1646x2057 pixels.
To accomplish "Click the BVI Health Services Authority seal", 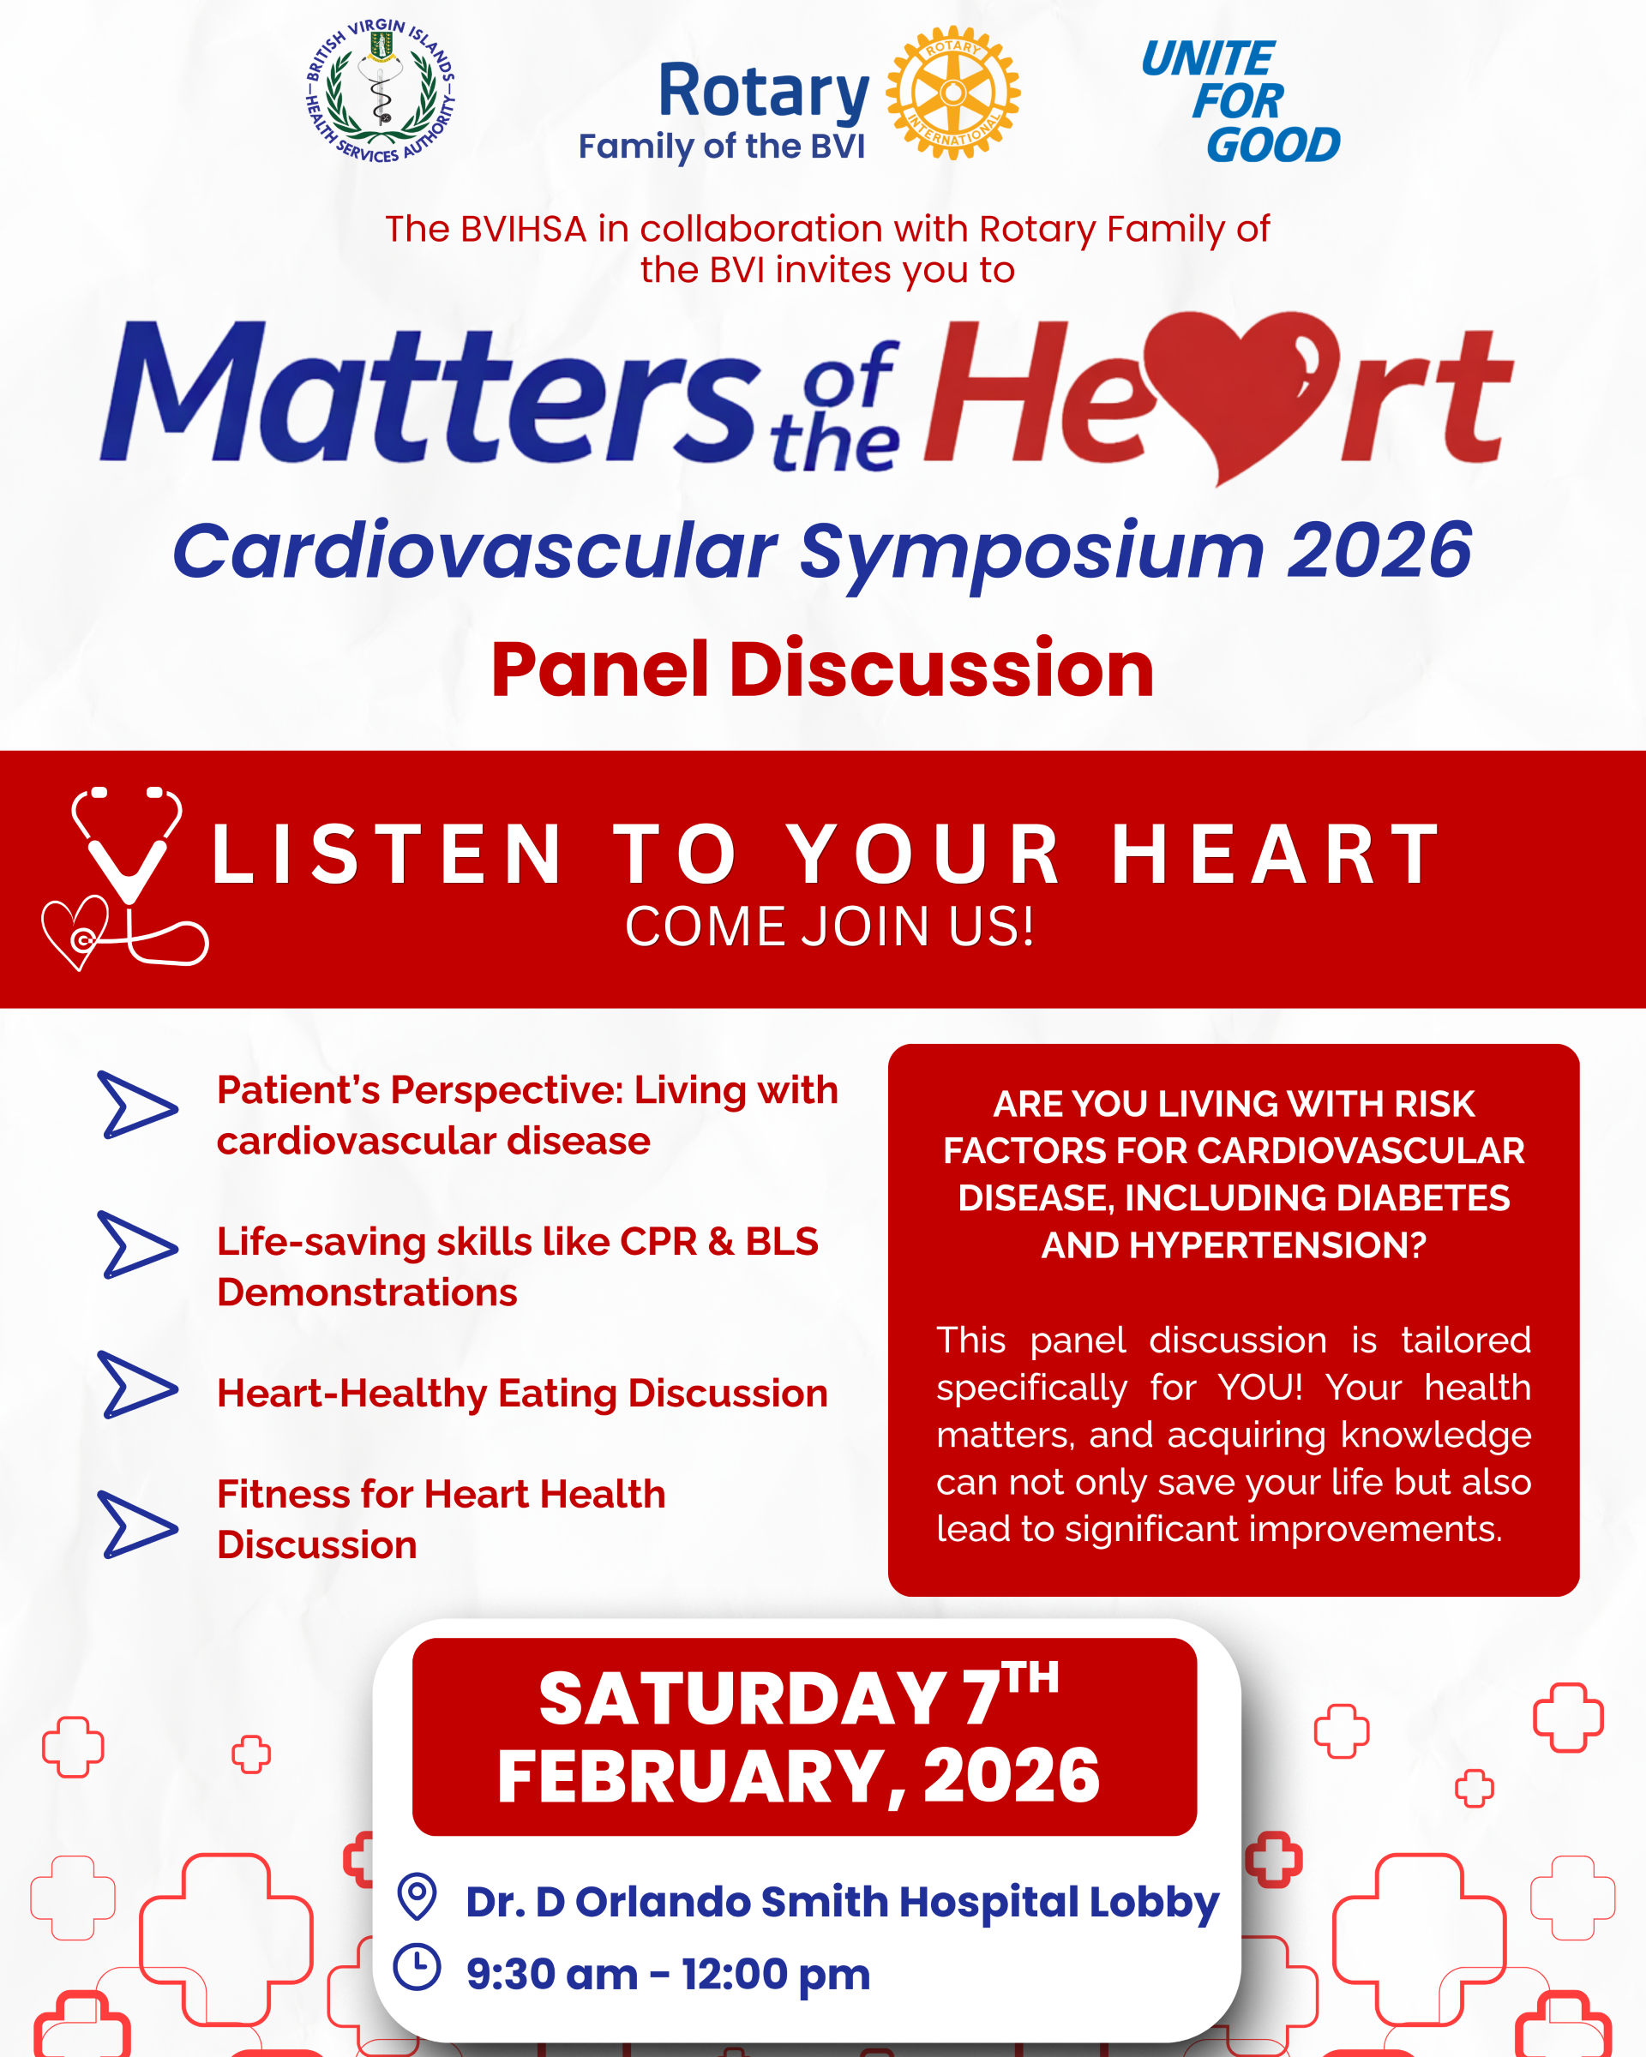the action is coord(380,91).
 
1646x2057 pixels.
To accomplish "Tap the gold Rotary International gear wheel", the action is coord(952,93).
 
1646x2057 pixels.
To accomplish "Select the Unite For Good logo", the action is coord(1241,101).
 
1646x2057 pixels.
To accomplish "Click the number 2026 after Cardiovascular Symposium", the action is coord(1379,551).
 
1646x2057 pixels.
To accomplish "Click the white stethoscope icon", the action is coord(125,878).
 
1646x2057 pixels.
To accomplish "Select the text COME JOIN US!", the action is coord(829,927).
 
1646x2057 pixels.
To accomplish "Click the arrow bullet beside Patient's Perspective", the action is coord(137,1105).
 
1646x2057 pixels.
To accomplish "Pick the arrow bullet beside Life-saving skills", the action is coord(137,1244).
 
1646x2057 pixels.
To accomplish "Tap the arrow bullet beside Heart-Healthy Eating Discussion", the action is coord(137,1384).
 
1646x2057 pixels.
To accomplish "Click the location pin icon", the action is coord(417,1896).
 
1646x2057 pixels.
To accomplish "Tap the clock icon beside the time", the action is coord(417,1967).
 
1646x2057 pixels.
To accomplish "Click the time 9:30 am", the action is coord(551,1975).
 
